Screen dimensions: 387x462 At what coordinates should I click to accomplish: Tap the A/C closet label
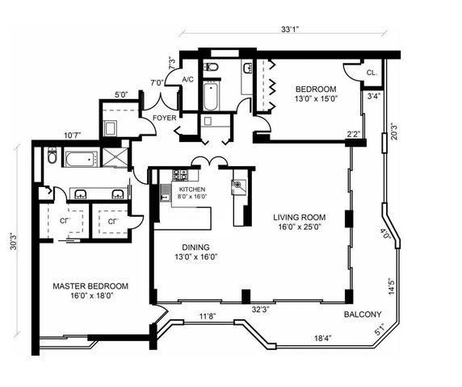tap(187, 79)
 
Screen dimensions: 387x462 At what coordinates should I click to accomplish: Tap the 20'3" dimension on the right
tap(394, 131)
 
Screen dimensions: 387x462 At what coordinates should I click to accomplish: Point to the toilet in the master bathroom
tap(52, 157)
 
